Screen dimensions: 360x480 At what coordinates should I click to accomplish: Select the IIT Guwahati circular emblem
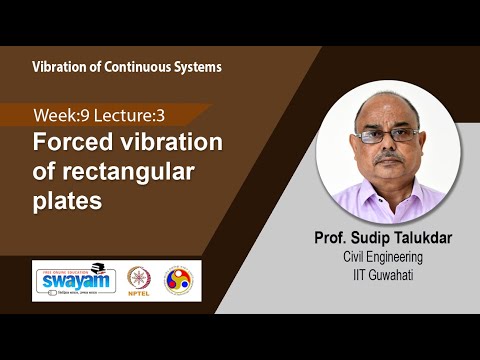tap(180, 279)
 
